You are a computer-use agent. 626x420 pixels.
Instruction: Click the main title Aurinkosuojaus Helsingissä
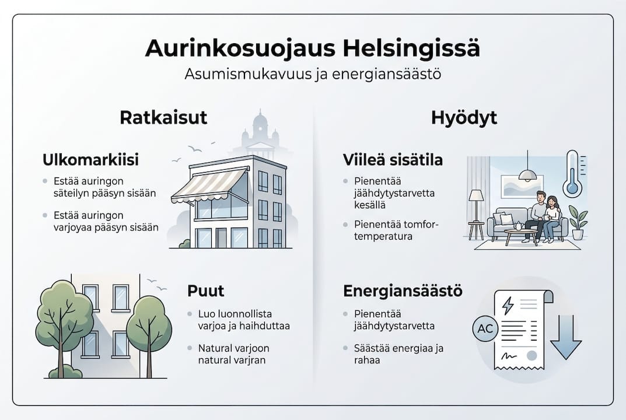312,48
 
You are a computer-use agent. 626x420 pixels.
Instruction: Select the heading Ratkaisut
163,117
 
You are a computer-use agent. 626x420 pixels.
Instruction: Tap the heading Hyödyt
464,117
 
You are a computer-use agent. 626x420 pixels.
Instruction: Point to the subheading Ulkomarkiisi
90,160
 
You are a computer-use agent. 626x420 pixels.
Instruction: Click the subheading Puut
206,290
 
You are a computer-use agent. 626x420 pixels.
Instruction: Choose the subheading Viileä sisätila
393,160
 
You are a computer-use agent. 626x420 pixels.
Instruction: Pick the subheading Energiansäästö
403,290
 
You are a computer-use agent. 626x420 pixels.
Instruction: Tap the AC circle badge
485,329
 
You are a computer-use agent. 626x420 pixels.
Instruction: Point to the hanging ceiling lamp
527,173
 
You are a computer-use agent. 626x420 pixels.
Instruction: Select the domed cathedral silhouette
260,134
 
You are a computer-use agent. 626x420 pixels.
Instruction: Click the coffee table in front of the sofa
522,235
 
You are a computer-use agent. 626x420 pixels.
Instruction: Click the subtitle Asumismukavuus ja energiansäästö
312,75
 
